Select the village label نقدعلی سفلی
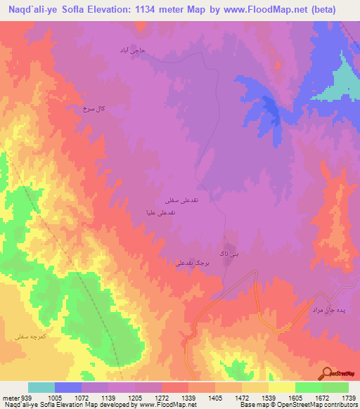point(180,201)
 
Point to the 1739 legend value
point(347,396)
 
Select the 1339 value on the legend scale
point(188,396)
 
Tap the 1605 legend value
point(295,396)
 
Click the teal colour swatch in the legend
point(41,387)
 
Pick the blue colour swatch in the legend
point(68,387)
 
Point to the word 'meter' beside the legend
point(10,396)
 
